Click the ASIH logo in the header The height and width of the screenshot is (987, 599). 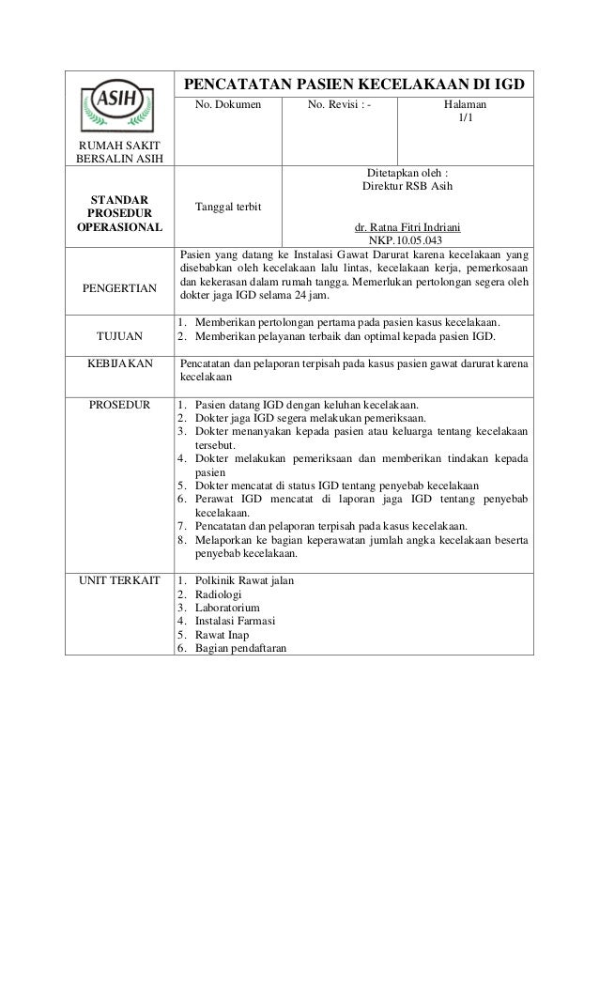118,105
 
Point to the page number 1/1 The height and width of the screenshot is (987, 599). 466,119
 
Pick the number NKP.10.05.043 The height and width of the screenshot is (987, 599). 408,240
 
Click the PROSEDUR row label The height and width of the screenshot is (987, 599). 118,405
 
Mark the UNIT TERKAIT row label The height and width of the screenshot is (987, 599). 118,580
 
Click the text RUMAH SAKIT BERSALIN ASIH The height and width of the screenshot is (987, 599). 118,150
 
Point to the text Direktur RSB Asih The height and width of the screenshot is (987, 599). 407,187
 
